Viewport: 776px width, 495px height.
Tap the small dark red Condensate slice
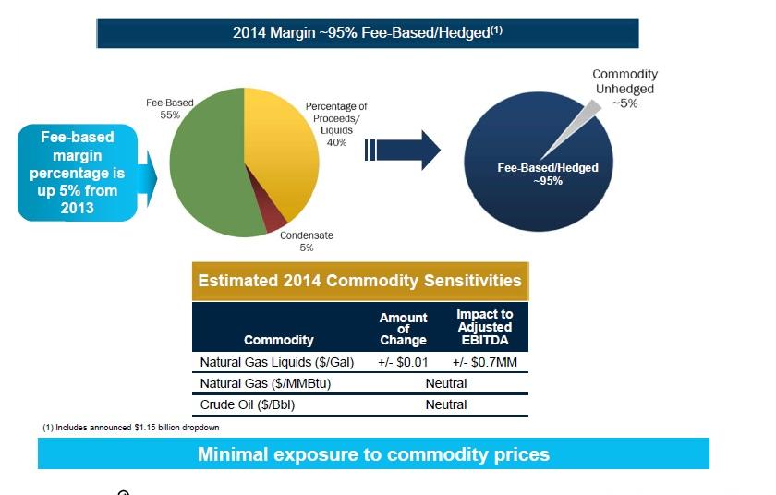point(274,218)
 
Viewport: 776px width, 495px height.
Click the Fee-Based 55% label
point(168,109)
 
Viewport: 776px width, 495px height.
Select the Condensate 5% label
point(307,241)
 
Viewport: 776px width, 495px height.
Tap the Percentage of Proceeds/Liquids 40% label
point(336,124)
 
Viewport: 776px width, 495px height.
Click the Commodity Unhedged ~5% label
point(624,89)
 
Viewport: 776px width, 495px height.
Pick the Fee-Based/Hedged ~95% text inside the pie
point(548,174)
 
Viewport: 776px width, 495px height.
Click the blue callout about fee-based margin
point(79,173)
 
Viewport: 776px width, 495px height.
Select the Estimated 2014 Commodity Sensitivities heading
point(359,281)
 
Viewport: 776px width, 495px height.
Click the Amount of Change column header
point(404,329)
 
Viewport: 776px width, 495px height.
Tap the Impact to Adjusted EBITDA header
point(484,327)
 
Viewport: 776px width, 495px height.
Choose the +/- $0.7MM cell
point(484,362)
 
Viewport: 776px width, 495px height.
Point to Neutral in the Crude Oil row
point(445,404)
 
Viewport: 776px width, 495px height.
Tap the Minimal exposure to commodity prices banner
point(373,453)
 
